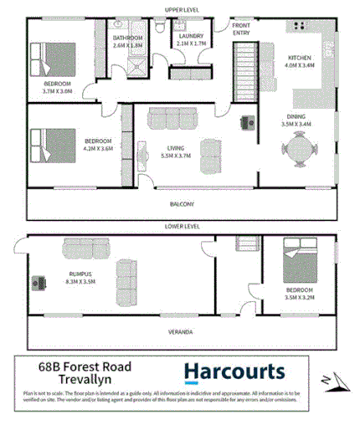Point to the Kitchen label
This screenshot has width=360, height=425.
[299, 58]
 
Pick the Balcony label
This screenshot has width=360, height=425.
[181, 203]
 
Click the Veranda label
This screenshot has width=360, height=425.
[181, 332]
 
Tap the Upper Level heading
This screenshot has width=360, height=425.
[181, 9]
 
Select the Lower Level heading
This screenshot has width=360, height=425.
[181, 226]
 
